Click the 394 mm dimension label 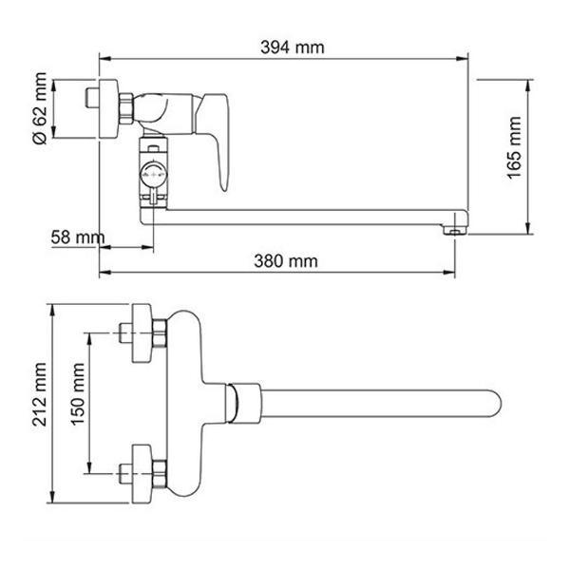coord(293,47)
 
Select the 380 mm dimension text coord(286,261)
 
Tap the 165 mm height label coord(514,147)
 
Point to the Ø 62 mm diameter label coord(40,108)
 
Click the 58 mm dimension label coord(78,237)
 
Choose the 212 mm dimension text coord(39,394)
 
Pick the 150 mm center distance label coord(78,394)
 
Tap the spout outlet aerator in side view coord(454,230)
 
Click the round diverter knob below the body coord(153,174)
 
